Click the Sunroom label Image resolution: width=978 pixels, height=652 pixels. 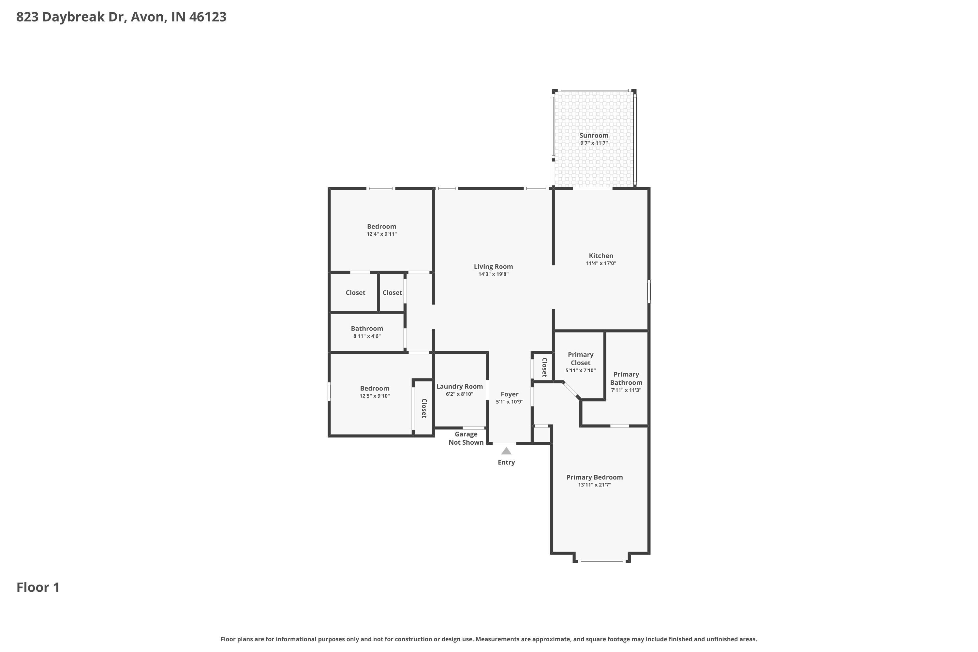point(594,136)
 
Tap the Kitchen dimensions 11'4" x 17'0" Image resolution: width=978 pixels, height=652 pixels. point(601,263)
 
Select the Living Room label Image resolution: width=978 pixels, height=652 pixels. point(493,267)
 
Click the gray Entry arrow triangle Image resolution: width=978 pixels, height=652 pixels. point(506,451)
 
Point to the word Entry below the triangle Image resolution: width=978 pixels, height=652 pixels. point(506,462)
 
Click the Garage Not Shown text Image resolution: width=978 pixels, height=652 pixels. point(466,438)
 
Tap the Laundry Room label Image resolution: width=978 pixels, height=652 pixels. point(459,386)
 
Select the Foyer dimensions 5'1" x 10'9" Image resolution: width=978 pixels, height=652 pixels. point(509,402)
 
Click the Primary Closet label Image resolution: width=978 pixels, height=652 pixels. point(581,358)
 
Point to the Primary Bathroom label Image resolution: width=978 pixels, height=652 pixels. point(626,378)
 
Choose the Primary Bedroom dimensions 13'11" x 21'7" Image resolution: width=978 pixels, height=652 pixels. point(594,485)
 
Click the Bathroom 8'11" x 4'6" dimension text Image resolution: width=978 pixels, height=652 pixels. point(367,336)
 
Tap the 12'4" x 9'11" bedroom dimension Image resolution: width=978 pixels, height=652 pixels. point(381,234)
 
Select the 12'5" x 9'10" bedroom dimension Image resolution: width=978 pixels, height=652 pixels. point(374,396)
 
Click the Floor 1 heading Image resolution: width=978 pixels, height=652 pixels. point(38,587)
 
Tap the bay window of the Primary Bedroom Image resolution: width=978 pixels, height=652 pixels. point(602,561)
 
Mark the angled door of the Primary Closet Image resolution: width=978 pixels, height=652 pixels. point(571,390)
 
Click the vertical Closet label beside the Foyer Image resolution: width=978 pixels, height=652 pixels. point(544,367)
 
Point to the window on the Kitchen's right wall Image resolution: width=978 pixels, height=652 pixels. point(649,291)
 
